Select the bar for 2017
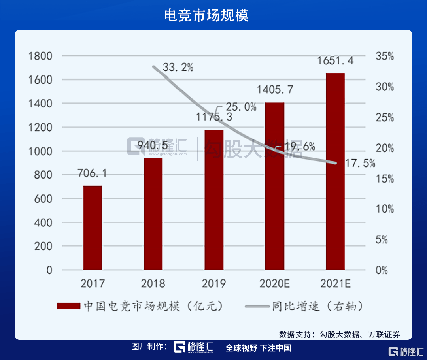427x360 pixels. tap(93, 228)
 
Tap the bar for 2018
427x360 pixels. tap(153, 214)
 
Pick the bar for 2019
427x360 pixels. tap(214, 200)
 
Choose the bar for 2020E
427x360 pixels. tap(274, 186)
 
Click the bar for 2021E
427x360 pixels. tap(335, 172)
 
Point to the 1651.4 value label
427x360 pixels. tap(336, 61)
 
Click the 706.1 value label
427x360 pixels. tap(92, 173)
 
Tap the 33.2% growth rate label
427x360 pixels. tap(178, 67)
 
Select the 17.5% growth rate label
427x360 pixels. tap(359, 163)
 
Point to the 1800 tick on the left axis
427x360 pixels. tap(41, 56)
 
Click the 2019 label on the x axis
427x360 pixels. tap(213, 283)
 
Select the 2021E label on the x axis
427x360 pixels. tap(335, 283)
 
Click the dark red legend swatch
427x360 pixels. tap(69, 306)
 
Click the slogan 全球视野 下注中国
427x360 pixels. tap(258, 348)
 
